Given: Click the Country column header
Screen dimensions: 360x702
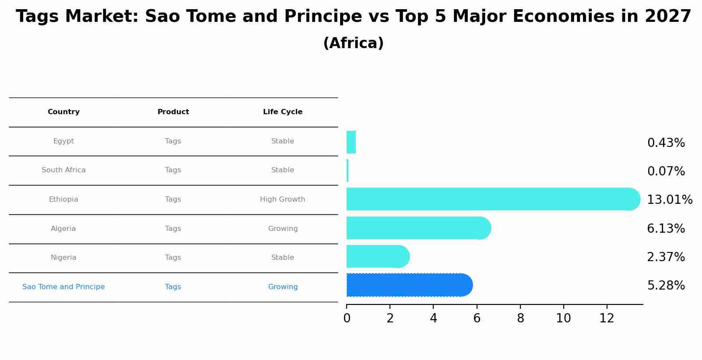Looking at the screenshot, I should (x=63, y=112).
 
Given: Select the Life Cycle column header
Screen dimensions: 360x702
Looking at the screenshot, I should (x=283, y=112).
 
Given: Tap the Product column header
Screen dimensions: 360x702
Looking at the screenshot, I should (x=173, y=112).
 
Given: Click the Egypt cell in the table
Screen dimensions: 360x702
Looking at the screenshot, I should (x=63, y=141).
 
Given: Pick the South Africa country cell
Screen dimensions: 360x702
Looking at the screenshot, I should (x=63, y=170).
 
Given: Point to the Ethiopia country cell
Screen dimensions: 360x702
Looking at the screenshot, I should (x=63, y=199).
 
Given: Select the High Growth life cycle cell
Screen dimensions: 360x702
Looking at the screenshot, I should (x=283, y=199).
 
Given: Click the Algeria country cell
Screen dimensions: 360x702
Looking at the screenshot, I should (x=63, y=229).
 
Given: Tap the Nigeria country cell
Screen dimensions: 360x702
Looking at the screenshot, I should (x=63, y=258).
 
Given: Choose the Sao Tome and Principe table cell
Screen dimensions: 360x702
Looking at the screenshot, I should (x=63, y=287).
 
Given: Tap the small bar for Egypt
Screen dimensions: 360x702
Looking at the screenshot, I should (x=351, y=143).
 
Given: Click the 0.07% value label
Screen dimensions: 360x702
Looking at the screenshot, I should (x=666, y=171).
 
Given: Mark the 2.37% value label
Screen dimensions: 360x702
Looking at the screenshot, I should (x=666, y=257).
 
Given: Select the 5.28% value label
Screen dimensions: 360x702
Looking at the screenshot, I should (x=666, y=286).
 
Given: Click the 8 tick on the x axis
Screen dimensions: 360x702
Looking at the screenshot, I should (x=520, y=318).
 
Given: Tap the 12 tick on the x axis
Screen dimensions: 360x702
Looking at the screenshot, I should (x=607, y=318).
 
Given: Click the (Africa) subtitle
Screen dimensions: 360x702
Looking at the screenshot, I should (x=353, y=43).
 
